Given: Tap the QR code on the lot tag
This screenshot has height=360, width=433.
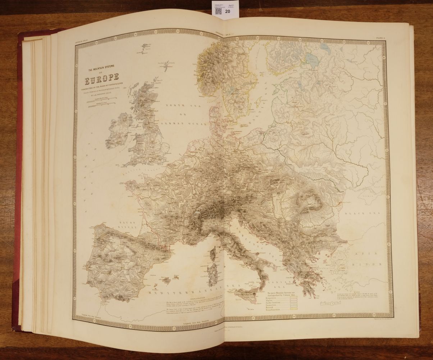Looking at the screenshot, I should (218, 10).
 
